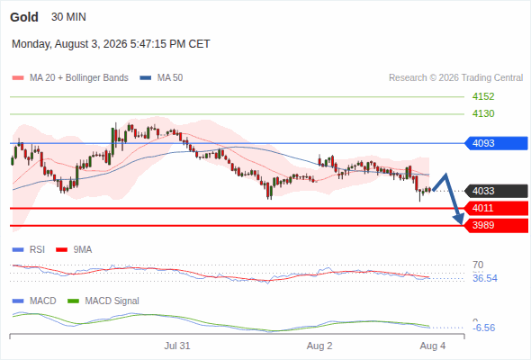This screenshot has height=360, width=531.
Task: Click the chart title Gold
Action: pyautogui.click(x=24, y=17)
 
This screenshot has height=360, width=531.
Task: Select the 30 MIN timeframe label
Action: pyautogui.click(x=68, y=17)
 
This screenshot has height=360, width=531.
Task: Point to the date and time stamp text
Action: pyautogui.click(x=111, y=44)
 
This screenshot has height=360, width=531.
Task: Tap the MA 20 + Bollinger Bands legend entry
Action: pyautogui.click(x=70, y=78)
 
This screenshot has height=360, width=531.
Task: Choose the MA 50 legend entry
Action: pyautogui.click(x=161, y=78)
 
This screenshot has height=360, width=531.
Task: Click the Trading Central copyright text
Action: pyautogui.click(x=455, y=78)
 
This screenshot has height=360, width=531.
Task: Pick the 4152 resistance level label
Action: pyautogui.click(x=483, y=96)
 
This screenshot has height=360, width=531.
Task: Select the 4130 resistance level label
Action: pyautogui.click(x=483, y=113)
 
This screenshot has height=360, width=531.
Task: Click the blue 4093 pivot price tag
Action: pyautogui.click(x=496, y=143)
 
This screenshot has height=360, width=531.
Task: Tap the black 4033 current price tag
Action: pyautogui.click(x=496, y=191)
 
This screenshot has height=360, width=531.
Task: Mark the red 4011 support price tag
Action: pyautogui.click(x=496, y=208)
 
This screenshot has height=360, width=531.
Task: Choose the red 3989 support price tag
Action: pyautogui.click(x=496, y=225)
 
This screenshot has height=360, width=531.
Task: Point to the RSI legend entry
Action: pyautogui.click(x=29, y=249)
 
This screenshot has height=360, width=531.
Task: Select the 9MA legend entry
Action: pyautogui.click(x=74, y=249)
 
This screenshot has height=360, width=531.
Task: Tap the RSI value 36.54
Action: pyautogui.click(x=485, y=278)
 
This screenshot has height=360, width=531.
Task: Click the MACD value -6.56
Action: pyautogui.click(x=484, y=328)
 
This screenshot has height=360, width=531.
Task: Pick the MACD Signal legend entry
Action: pyautogui.click(x=103, y=301)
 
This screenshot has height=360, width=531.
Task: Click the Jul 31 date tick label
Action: pyautogui.click(x=177, y=346)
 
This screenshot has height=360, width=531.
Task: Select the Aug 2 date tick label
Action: pyautogui.click(x=319, y=346)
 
